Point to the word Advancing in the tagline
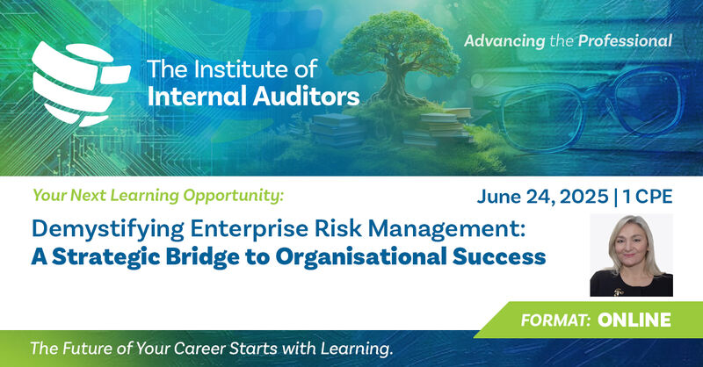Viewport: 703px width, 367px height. pos(504,41)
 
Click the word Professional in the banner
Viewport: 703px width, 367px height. pos(625,40)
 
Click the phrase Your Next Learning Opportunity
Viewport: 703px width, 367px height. pos(158,196)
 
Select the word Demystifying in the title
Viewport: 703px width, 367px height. pos(107,229)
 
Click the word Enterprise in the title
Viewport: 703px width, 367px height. pos(249,229)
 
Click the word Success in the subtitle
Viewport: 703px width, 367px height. pos(499,256)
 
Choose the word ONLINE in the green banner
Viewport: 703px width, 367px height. pos(634,320)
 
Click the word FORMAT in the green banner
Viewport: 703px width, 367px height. pos(555,320)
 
